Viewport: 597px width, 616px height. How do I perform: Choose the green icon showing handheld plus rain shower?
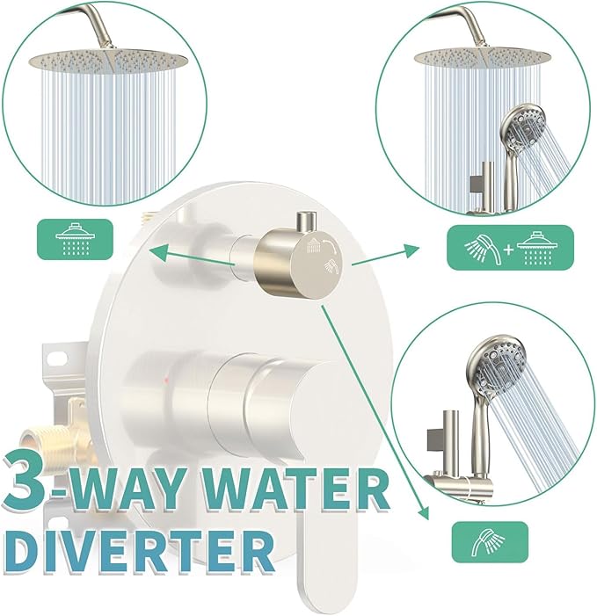click(x=509, y=247)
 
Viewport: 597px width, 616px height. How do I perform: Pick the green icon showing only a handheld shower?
click(x=489, y=542)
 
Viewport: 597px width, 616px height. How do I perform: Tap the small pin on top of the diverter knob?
click(x=307, y=219)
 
